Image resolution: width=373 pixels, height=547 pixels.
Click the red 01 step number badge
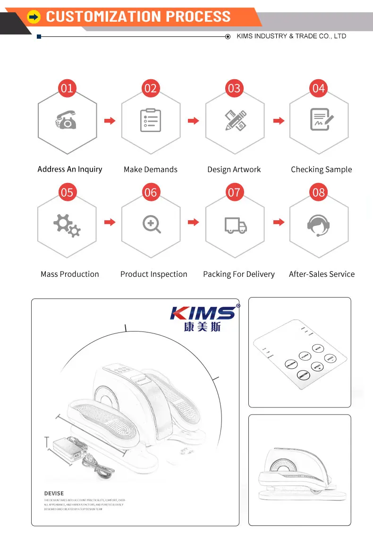(67, 88)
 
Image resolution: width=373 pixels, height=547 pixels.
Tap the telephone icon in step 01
(66, 121)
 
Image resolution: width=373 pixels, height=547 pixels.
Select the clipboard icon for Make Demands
(151, 120)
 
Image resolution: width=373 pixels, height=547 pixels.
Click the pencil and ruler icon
(235, 120)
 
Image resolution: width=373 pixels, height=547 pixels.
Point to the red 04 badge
(319, 88)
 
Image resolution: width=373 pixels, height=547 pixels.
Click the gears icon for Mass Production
(67, 225)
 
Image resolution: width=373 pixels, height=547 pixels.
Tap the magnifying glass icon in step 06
(151, 224)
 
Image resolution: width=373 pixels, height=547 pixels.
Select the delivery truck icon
(235, 225)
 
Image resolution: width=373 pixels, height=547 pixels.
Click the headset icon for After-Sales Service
(318, 225)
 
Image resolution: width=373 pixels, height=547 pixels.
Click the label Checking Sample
(321, 169)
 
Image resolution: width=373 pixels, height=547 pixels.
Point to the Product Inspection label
(153, 274)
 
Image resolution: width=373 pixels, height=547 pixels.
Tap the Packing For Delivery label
(238, 274)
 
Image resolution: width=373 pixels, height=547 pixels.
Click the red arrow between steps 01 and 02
(110, 121)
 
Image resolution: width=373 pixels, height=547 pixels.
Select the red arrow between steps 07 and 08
(279, 222)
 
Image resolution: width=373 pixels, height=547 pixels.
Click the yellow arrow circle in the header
(34, 17)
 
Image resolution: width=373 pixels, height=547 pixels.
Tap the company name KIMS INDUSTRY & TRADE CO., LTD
(291, 36)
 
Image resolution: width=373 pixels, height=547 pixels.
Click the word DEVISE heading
(54, 493)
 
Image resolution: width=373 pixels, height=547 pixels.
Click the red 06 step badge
(151, 192)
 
